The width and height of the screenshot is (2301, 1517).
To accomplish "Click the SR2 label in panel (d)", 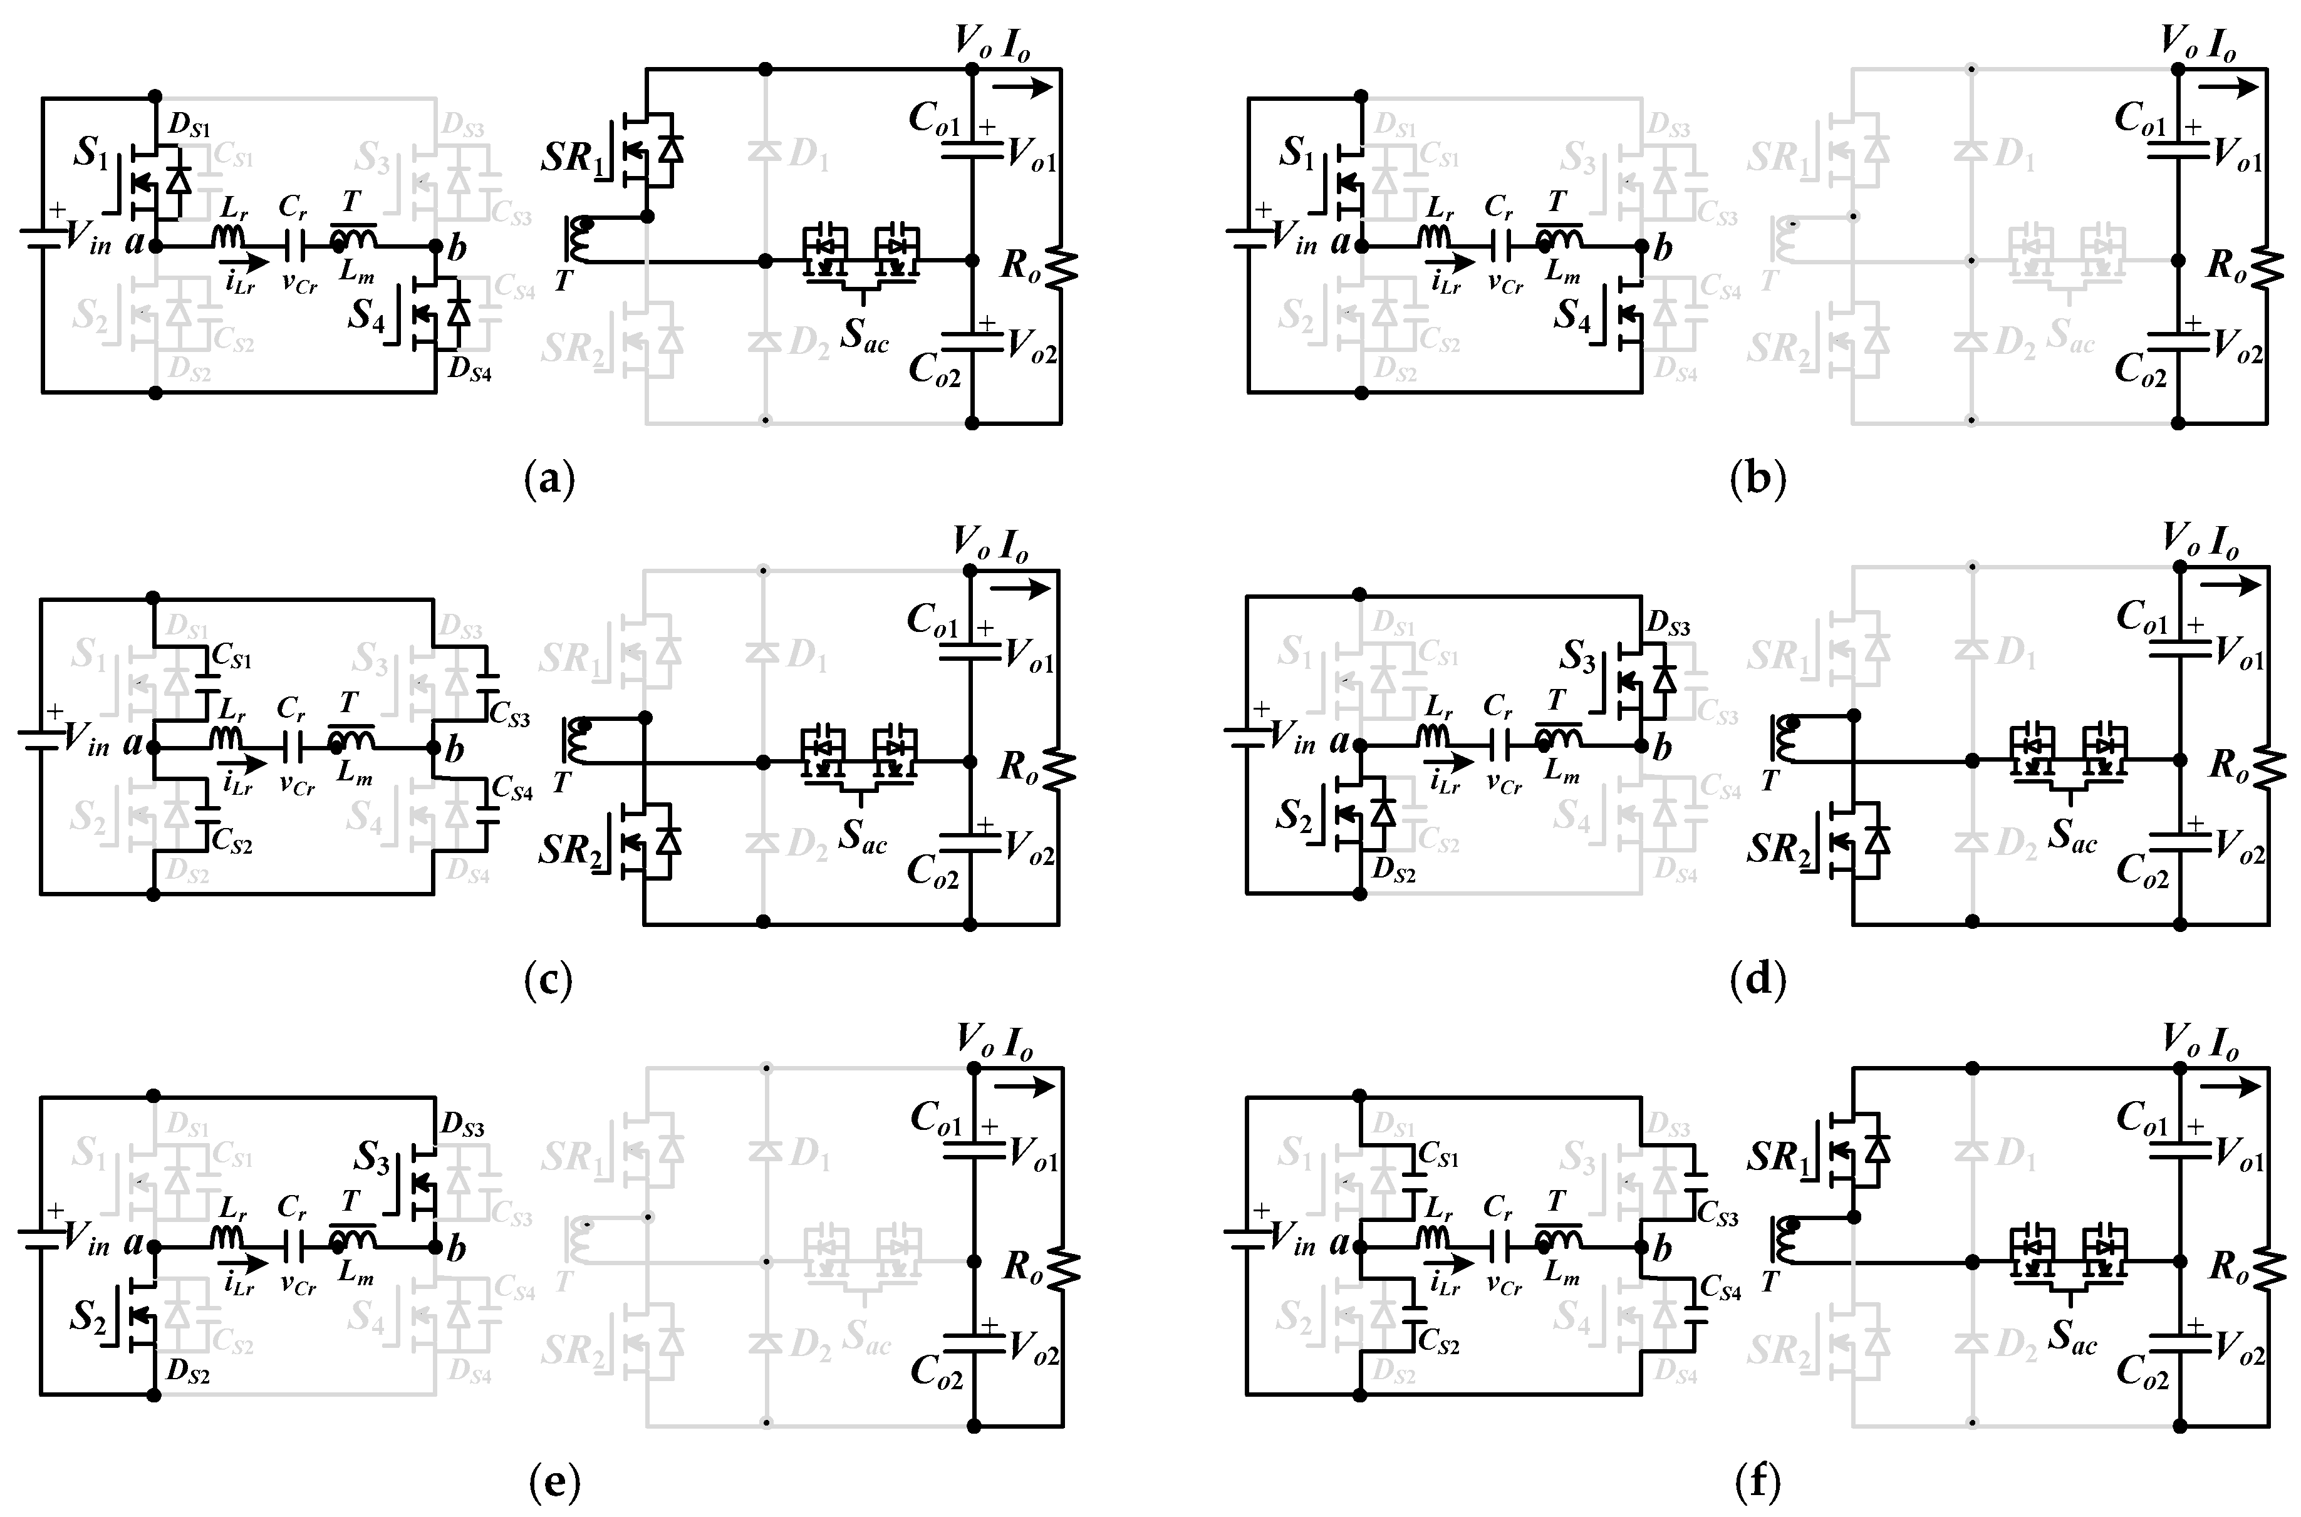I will pos(1777,849).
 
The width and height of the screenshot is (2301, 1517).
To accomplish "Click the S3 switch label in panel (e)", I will pos(371,1156).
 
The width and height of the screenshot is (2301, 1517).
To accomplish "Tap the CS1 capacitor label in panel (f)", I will pos(1438,1155).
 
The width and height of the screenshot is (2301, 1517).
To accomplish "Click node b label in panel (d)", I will pos(1661,748).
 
